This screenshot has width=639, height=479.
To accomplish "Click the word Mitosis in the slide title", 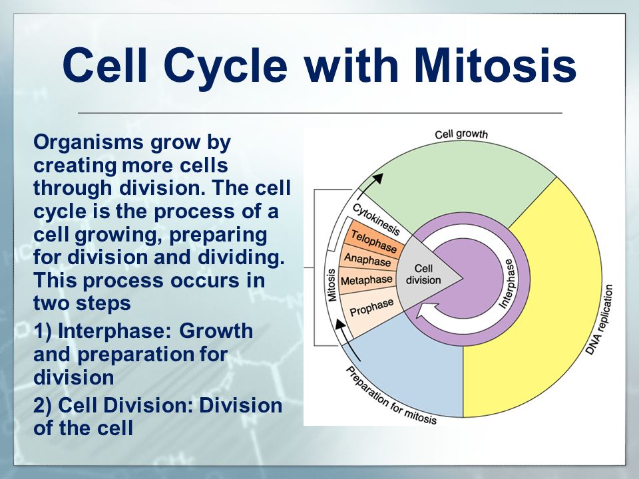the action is tap(495, 66).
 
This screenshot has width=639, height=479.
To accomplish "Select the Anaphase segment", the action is tap(367, 259).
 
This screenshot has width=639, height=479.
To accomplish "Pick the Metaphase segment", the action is tap(366, 281).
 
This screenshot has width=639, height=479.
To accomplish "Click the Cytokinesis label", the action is tap(375, 219).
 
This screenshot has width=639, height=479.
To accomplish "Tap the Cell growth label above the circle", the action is tap(461, 134).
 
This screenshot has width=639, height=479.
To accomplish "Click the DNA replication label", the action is tap(598, 319).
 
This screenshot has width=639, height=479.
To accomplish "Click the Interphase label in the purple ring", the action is tap(508, 283).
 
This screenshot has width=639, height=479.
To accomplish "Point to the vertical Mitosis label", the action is tap(331, 285).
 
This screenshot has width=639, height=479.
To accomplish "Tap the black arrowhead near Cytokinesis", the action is tap(378, 179).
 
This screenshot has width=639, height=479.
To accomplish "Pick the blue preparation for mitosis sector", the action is tap(411, 367).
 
